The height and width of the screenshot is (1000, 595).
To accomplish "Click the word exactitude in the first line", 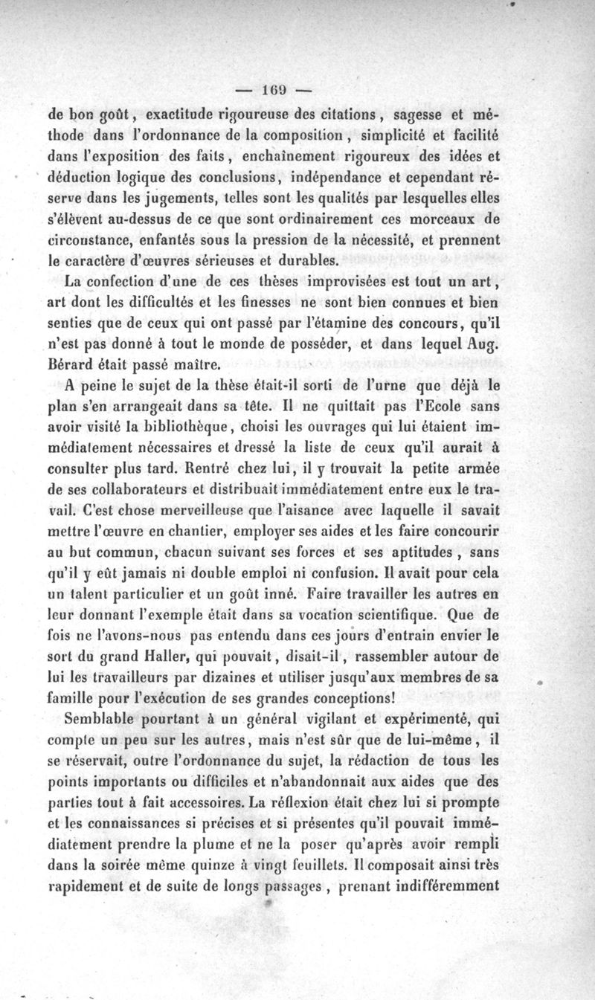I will pyautogui.click(x=186, y=115).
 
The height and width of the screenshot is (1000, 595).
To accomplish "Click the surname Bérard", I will pyautogui.click(x=68, y=365).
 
